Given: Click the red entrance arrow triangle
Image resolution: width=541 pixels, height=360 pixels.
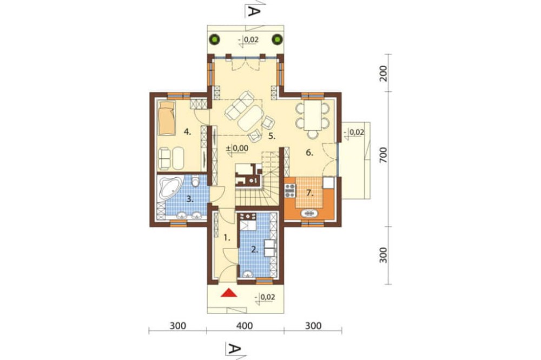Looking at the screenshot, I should [x=229, y=294].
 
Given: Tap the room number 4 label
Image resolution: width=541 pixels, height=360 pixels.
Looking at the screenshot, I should [x=187, y=131].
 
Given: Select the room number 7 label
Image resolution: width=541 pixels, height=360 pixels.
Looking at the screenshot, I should [x=309, y=193].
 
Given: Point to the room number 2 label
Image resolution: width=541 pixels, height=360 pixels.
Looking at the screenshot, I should [x=254, y=249].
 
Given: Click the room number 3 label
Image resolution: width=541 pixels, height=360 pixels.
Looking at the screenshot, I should [x=189, y=199].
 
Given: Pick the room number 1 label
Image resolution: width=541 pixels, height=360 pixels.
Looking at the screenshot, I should [x=227, y=237].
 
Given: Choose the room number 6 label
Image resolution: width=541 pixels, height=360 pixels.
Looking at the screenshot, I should [x=309, y=153].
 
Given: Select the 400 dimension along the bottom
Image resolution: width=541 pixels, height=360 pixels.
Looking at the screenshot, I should [x=245, y=326].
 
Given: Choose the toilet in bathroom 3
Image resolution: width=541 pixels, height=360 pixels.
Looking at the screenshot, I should [x=195, y=182].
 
